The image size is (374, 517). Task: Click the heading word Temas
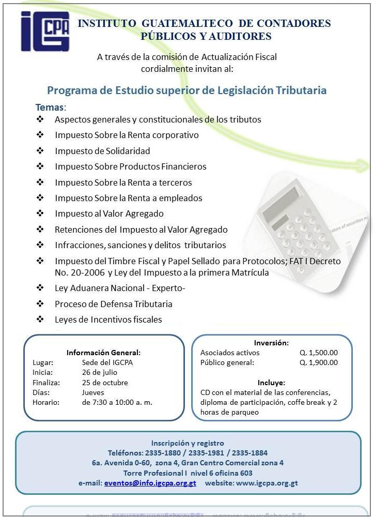click(x=50, y=108)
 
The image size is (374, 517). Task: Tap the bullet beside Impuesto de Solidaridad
click(x=40, y=151)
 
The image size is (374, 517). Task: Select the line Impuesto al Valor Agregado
click(x=109, y=214)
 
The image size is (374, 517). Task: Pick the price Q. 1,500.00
click(x=318, y=353)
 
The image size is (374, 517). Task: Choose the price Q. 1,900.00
click(x=318, y=362)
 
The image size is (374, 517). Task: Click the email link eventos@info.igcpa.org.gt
click(x=150, y=483)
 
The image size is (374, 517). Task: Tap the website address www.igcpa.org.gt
click(x=267, y=483)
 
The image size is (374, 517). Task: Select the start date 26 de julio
click(x=99, y=372)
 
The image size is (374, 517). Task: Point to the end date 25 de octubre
click(x=105, y=383)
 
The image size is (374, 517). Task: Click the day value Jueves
click(x=93, y=392)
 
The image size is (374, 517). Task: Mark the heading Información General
click(x=103, y=353)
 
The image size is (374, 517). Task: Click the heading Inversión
click(x=271, y=343)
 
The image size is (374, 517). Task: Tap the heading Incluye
click(x=271, y=383)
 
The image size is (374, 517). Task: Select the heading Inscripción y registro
click(x=188, y=443)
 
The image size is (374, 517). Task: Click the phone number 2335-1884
click(x=250, y=453)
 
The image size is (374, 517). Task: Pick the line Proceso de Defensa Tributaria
click(x=114, y=304)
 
